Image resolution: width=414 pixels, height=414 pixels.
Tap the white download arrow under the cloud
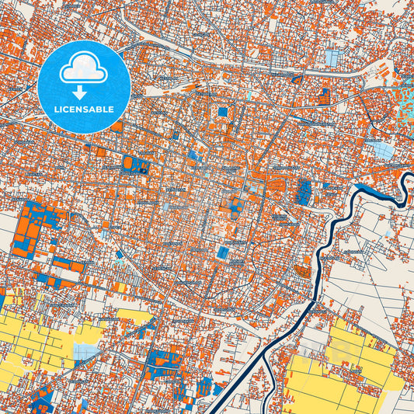84,92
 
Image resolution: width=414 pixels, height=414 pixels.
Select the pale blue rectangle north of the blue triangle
332,59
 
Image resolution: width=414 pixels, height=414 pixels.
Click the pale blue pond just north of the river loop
382,150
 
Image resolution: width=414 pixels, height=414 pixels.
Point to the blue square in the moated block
224,112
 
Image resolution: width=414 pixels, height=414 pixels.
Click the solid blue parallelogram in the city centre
224,253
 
